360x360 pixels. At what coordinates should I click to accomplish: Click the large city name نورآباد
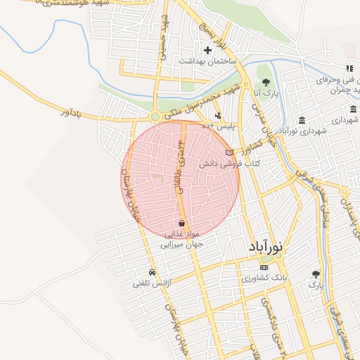(266, 247)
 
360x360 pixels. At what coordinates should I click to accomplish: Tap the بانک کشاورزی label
(263, 279)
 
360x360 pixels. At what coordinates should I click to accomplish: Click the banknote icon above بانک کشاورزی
(264, 268)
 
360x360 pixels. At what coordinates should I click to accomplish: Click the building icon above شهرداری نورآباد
(302, 120)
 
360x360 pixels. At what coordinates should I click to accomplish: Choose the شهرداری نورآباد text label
(303, 131)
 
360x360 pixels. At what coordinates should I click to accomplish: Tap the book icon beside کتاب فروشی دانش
(229, 152)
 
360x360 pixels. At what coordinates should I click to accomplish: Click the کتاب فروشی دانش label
(229, 163)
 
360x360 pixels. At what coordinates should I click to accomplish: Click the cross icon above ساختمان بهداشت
(207, 50)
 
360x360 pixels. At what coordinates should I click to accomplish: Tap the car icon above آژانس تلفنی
(152, 273)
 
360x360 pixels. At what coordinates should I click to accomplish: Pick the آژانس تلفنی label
(153, 283)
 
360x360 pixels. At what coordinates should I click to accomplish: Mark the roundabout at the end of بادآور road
(155, 117)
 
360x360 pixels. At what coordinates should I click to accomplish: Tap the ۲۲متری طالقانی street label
(184, 150)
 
